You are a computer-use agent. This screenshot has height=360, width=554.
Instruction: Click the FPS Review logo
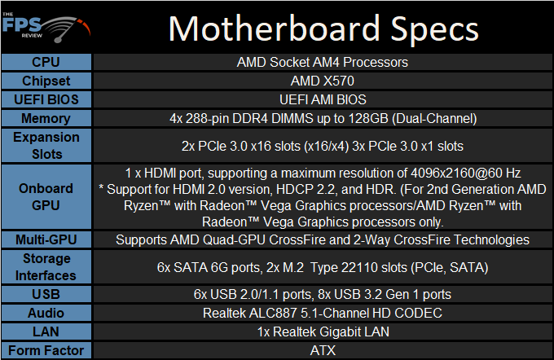coord(46,28)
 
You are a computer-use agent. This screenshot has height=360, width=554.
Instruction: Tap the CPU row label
coord(46,62)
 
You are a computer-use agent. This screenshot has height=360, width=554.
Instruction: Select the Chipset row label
coord(46,81)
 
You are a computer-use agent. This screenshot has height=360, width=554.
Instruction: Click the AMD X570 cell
coord(323,81)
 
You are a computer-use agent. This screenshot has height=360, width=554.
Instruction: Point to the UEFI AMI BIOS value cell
coord(323,99)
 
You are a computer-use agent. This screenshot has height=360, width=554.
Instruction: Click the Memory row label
coord(46,118)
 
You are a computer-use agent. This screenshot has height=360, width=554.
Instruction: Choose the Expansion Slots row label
coord(46,146)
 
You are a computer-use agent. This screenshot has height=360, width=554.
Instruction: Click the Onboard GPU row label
coord(46,197)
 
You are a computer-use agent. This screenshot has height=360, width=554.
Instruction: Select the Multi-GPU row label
coord(46,240)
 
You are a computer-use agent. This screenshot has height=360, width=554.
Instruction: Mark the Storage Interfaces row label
coord(46,266)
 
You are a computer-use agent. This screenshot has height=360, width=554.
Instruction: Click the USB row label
coord(46,294)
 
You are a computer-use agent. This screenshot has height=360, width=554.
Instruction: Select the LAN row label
coord(46,331)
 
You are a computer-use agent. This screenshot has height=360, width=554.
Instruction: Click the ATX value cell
coord(323,350)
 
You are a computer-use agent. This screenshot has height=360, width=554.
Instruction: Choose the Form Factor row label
coord(46,350)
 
